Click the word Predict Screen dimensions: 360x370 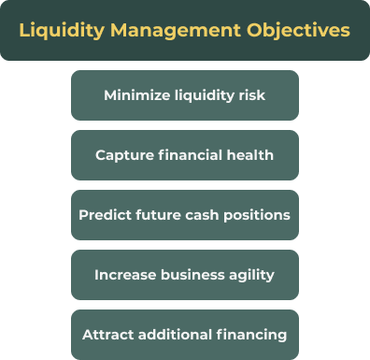[x=104, y=215]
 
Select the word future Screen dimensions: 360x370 [x=161, y=215]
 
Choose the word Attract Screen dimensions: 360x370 [x=107, y=335]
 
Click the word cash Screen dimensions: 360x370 [x=206, y=215]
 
